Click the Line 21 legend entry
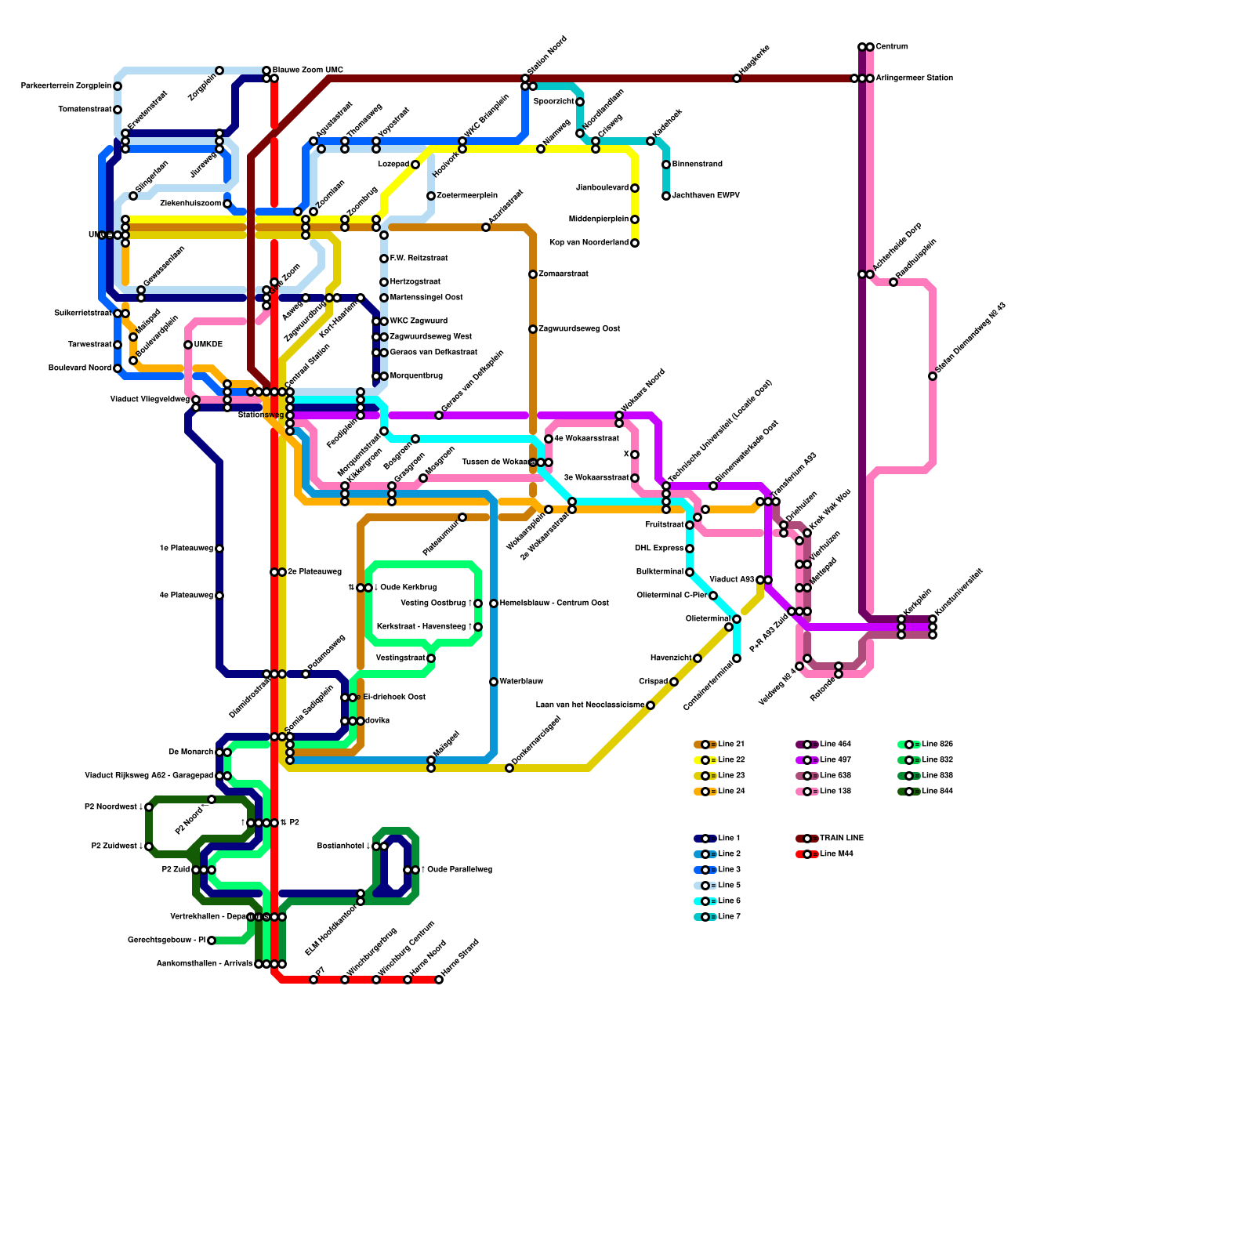pyautogui.click(x=730, y=745)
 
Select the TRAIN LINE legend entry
pyautogui.click(x=841, y=839)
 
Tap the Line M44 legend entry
pyautogui.click(x=836, y=854)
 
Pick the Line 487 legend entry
pyautogui.click(x=835, y=760)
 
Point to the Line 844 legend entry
pyautogui.click(x=937, y=792)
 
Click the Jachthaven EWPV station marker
pyautogui.click(x=666, y=196)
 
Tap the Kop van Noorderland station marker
pyautogui.click(x=635, y=243)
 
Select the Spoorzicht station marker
pyautogui.click(x=580, y=102)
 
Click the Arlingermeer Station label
pyautogui.click(x=914, y=78)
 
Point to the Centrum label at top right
pyautogui.click(x=892, y=47)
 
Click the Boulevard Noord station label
pyautogui.click(x=80, y=368)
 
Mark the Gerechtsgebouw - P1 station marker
pyautogui.click(x=212, y=940)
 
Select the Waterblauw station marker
pyautogui.click(x=494, y=682)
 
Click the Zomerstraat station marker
pyautogui.click(x=533, y=274)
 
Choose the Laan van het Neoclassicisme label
pyautogui.click(x=590, y=705)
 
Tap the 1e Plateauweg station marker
pyautogui.click(x=219, y=549)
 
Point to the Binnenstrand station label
pyautogui.click(x=698, y=165)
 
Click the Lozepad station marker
pyautogui.click(x=415, y=165)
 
